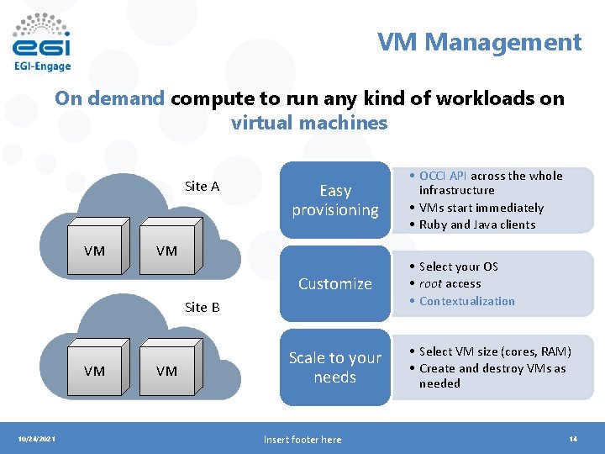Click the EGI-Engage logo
42,42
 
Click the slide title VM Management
479,42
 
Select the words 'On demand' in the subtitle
109,98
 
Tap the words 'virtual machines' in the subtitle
309,123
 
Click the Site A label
202,186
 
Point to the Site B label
202,307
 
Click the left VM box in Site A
94,251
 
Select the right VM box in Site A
166,251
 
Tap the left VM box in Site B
94,371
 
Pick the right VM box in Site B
166,371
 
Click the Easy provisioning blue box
335,200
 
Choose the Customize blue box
335,283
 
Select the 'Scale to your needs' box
335,367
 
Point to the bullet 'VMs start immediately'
481,208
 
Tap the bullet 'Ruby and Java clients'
477,224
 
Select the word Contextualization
467,301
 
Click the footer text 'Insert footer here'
302,440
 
